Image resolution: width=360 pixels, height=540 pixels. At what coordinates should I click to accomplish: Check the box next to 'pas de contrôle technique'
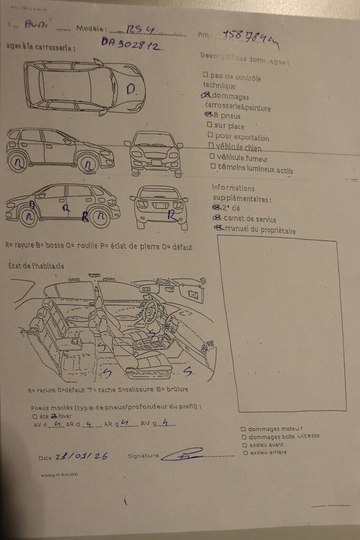point(206,75)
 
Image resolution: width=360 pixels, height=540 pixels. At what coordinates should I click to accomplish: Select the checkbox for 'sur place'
point(210,125)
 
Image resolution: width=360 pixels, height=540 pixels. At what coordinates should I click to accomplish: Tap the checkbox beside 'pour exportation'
point(210,136)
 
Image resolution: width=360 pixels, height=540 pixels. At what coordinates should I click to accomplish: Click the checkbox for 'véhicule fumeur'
point(212,156)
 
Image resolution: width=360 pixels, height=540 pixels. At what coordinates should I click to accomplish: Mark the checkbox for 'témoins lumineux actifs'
point(213,166)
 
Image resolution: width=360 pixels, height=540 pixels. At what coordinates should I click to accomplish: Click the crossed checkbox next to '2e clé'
point(215,208)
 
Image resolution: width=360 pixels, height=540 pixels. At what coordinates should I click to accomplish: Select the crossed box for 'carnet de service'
point(216,218)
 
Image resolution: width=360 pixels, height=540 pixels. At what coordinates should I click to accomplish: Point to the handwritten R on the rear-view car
point(171,215)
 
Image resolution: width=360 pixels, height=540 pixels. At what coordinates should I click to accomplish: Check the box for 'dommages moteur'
point(244,429)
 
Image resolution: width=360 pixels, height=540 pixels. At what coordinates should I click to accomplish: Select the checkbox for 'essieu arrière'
point(245,452)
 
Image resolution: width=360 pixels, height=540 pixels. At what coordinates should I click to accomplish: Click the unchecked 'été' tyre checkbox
point(35,416)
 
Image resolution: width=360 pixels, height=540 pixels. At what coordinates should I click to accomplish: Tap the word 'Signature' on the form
point(143,456)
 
